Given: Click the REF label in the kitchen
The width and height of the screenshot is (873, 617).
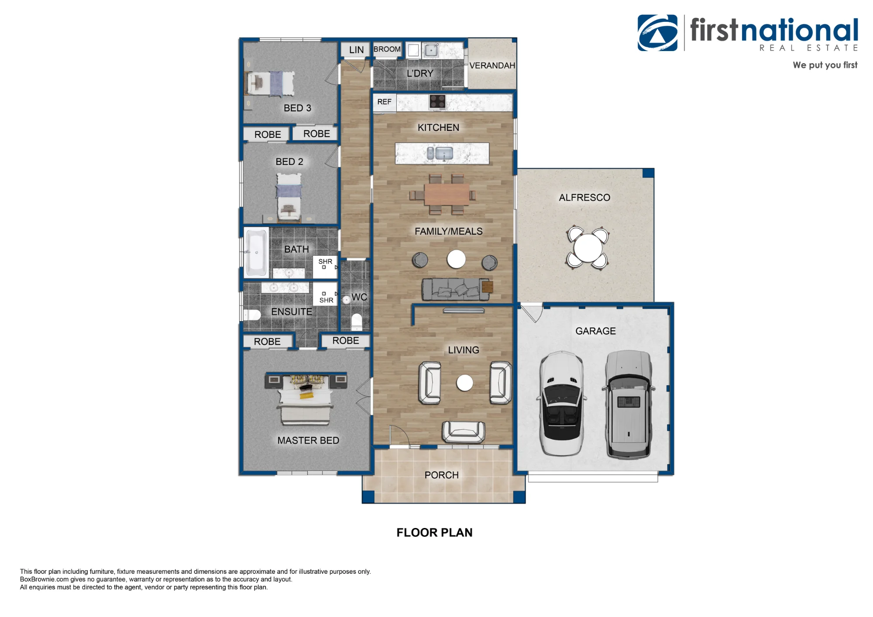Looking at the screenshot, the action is [x=384, y=102].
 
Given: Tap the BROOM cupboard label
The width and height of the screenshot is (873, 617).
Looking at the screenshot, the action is [x=387, y=49].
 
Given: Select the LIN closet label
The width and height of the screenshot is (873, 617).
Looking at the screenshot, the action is [x=356, y=50].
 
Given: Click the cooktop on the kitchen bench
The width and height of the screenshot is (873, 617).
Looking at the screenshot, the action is [x=437, y=102].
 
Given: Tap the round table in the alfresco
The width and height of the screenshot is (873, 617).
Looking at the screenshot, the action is [x=588, y=248].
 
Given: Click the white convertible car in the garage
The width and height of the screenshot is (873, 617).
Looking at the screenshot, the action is [x=562, y=404].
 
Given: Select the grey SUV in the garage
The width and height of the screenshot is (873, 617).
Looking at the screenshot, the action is [x=629, y=404].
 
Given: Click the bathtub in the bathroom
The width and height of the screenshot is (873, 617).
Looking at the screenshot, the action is [x=256, y=252].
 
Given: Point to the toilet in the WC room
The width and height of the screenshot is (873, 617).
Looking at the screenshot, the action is [x=357, y=322].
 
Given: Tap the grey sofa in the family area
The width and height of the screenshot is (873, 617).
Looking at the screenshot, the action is [x=455, y=289].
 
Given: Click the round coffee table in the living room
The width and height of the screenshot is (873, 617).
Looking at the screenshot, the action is [x=464, y=383].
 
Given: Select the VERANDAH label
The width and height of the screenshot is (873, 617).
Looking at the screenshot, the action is [x=492, y=65].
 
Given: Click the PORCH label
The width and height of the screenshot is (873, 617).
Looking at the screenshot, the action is [x=441, y=475].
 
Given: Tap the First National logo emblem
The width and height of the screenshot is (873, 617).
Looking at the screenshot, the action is [x=657, y=33].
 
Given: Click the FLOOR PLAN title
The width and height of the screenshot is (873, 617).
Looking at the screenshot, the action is [x=434, y=532].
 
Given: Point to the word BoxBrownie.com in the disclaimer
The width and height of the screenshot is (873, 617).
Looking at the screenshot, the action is [x=45, y=579].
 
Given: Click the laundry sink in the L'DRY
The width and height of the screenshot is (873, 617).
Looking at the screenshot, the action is [x=431, y=50].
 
